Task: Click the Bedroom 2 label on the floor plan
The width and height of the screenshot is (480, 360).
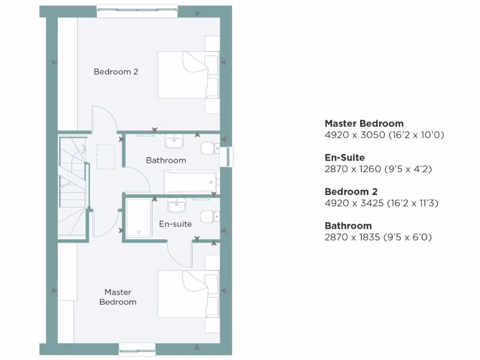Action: pyautogui.click(x=116, y=72)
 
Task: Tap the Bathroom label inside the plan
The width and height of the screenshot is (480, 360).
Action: pyautogui.click(x=166, y=160)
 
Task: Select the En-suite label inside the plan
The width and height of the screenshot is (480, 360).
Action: pyautogui.click(x=175, y=224)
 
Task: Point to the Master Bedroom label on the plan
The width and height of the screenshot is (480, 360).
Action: pyautogui.click(x=118, y=297)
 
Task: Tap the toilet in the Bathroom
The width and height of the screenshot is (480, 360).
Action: pyautogui.click(x=208, y=149)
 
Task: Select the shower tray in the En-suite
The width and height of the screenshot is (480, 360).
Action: pyautogui.click(x=139, y=218)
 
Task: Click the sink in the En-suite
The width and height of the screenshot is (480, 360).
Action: pyautogui.click(x=177, y=205)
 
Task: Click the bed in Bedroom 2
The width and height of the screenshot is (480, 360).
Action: pyautogui.click(x=187, y=75)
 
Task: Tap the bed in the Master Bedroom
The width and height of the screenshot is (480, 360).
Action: pyautogui.click(x=187, y=294)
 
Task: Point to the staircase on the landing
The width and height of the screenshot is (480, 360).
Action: pyautogui.click(x=73, y=187)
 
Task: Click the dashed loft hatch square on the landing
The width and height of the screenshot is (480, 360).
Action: pyautogui.click(x=105, y=157)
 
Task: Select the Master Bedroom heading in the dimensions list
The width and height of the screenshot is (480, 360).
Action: pyautogui.click(x=364, y=124)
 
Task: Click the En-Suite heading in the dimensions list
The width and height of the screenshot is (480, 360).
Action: pyautogui.click(x=345, y=157)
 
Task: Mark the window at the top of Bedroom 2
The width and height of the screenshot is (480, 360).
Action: pyautogui.click(x=137, y=11)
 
